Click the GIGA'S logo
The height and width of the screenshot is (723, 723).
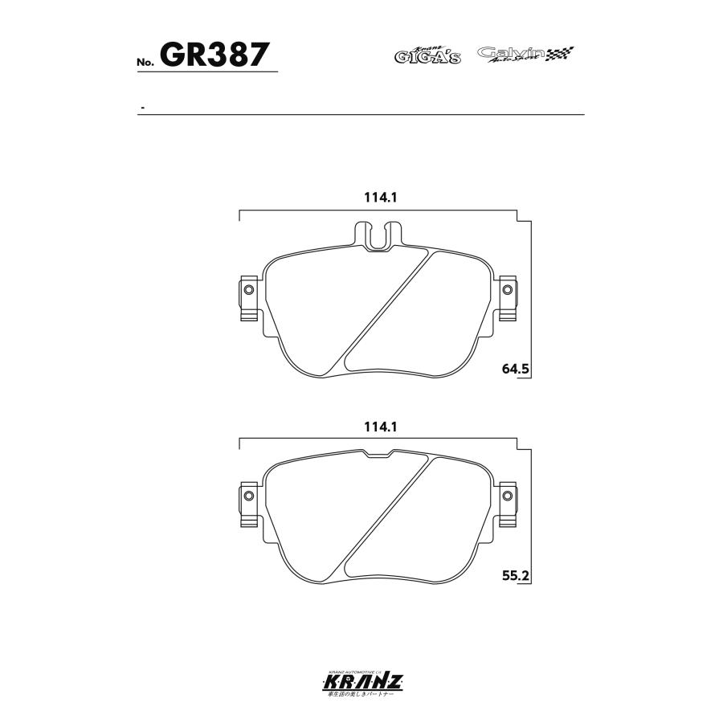[427, 55]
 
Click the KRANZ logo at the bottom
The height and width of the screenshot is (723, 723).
[361, 683]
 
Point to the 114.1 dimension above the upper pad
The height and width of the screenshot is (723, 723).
[381, 198]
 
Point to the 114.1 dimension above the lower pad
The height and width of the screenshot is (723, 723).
[381, 427]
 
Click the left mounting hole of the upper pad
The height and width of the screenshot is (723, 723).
[247, 290]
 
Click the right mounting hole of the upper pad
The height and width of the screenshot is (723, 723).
[507, 290]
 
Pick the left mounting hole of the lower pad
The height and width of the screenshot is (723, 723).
[247, 496]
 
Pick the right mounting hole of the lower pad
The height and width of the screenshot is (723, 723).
[507, 496]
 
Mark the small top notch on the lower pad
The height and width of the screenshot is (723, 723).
[378, 455]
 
